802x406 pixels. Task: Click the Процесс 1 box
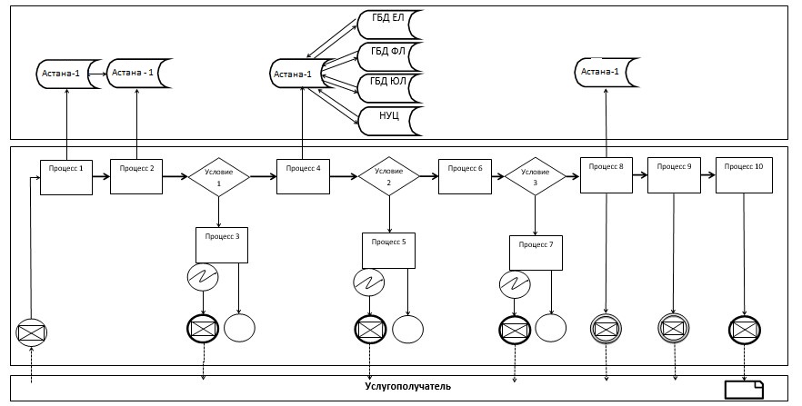(x=66, y=177)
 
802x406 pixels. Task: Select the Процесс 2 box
(x=136, y=176)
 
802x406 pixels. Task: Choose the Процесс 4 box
(x=303, y=176)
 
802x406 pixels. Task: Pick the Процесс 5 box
(x=389, y=251)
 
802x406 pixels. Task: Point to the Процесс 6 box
(x=466, y=177)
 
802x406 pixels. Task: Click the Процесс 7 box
(x=536, y=253)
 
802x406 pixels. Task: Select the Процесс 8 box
(x=607, y=175)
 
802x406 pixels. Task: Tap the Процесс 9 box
(x=675, y=175)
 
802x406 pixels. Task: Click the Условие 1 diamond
(x=218, y=177)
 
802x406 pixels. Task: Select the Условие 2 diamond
(x=389, y=177)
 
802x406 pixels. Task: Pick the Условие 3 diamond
(x=536, y=177)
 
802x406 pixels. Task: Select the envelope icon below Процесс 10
(x=744, y=327)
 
